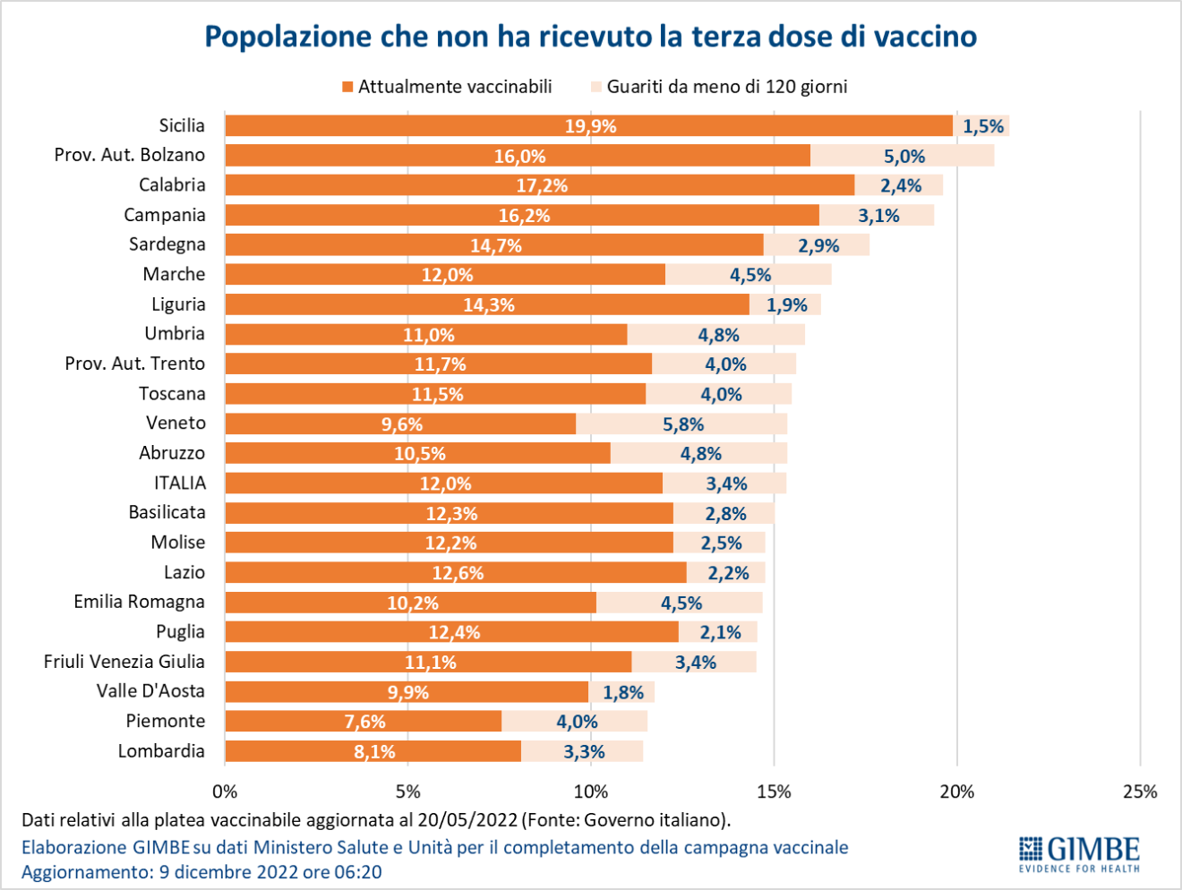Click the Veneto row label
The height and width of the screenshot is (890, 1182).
[176, 423]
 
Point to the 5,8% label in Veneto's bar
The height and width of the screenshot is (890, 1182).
[683, 424]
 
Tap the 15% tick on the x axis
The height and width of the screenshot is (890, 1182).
[774, 792]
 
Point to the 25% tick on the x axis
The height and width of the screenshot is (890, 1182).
[1139, 792]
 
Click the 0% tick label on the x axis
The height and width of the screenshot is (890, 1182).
[225, 792]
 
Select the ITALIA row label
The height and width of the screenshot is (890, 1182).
[180, 483]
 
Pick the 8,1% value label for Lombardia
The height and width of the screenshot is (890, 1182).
[374, 752]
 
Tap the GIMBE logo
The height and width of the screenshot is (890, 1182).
[1079, 852]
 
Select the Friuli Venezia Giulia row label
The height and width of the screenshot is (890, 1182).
[124, 662]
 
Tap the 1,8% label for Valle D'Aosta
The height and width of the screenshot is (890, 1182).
[623, 692]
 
